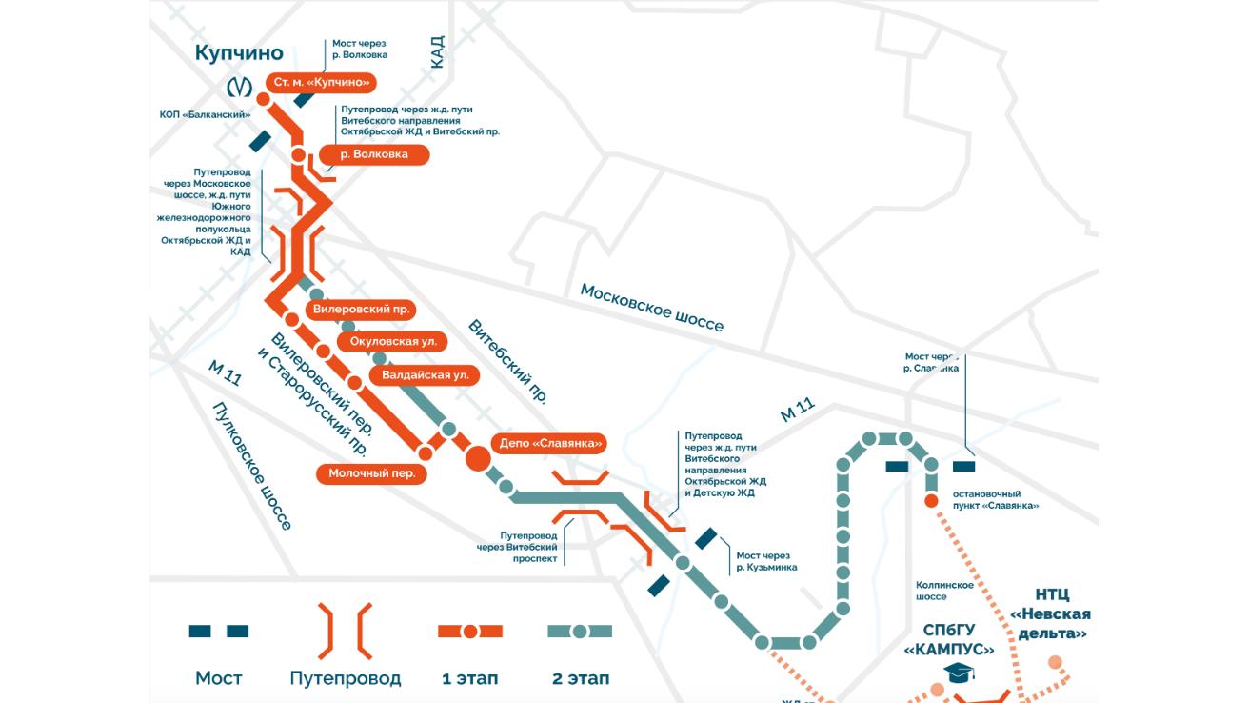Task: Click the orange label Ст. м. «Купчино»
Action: click(x=321, y=83)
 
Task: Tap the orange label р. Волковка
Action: click(x=373, y=154)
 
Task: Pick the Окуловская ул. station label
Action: click(x=392, y=341)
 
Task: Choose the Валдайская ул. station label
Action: click(x=425, y=375)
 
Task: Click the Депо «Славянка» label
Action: click(x=551, y=443)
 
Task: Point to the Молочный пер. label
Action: click(x=371, y=473)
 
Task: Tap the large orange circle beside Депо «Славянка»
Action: click(x=478, y=458)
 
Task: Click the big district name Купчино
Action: click(x=239, y=53)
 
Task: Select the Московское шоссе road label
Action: click(x=652, y=308)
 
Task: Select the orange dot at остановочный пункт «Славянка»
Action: click(x=931, y=501)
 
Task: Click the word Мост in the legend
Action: click(x=219, y=678)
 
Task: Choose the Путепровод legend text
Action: click(x=345, y=678)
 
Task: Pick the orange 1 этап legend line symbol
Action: click(x=469, y=632)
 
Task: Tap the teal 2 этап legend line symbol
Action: click(x=579, y=632)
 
